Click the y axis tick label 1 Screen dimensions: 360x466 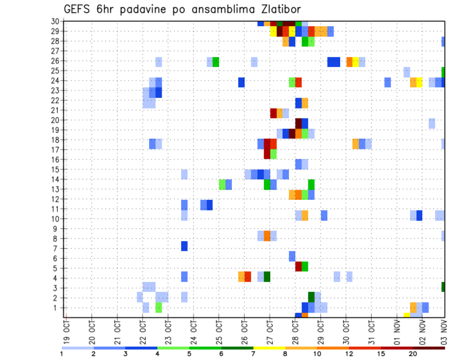56,308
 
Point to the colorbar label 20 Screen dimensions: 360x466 413,354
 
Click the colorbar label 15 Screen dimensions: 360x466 382,354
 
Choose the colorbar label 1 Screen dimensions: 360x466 62,354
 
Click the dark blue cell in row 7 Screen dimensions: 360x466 184,246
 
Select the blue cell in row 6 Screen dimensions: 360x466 292,256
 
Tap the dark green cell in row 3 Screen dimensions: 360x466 443,287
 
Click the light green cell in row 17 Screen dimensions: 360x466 273,154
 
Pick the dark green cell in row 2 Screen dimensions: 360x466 311,297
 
